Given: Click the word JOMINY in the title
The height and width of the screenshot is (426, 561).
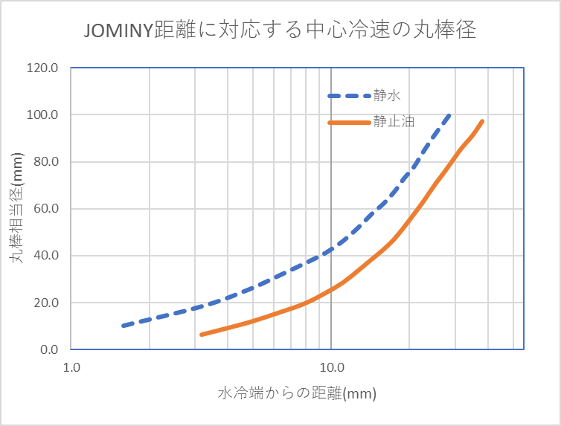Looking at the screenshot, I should click(118, 30).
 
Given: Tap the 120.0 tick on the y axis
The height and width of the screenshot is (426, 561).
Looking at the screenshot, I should click(43, 68).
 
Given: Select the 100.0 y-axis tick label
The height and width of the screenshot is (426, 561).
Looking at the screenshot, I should click(43, 114).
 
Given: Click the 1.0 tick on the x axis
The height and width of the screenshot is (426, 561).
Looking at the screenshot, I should click(71, 367).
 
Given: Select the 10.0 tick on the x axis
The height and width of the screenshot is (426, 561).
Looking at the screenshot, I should click(330, 367).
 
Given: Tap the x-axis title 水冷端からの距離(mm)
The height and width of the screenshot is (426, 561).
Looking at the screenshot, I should click(298, 393).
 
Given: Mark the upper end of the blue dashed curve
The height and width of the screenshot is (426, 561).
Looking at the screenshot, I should click(449, 114).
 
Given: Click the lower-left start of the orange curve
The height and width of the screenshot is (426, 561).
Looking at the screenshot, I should click(202, 335).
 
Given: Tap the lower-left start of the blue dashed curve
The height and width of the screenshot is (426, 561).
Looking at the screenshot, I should click(124, 326).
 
